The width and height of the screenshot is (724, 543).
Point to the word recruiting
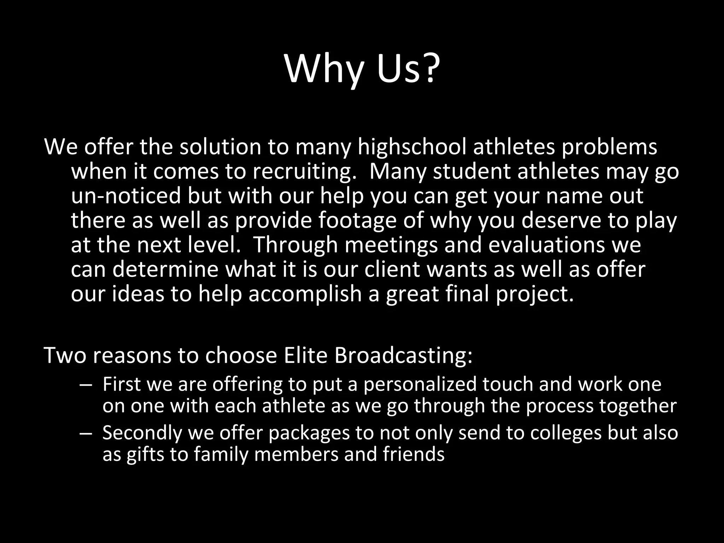[x=304, y=172]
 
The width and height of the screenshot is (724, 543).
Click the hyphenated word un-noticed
[x=126, y=196]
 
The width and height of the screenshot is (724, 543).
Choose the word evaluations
[x=547, y=245]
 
